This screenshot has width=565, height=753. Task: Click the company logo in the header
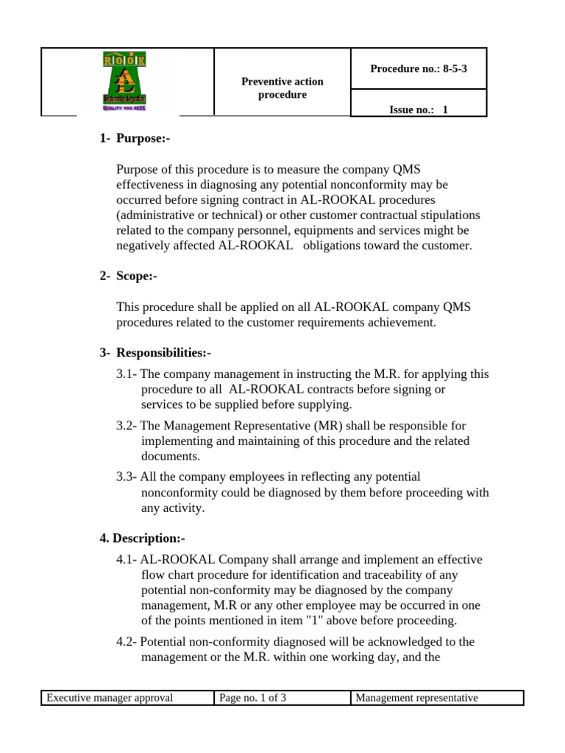(127, 82)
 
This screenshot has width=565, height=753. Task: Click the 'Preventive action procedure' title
(282, 88)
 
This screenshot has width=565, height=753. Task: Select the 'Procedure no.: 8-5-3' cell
(418, 68)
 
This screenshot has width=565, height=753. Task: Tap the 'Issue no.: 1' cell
(418, 110)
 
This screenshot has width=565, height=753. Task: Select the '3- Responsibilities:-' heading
(155, 353)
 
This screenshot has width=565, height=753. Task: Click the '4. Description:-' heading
(142, 538)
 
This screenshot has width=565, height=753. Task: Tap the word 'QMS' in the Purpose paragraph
(456, 169)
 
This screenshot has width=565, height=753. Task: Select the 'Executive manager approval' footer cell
(110, 698)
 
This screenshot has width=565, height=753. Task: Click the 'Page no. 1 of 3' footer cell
(253, 698)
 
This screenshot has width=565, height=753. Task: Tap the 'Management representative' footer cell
(416, 698)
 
